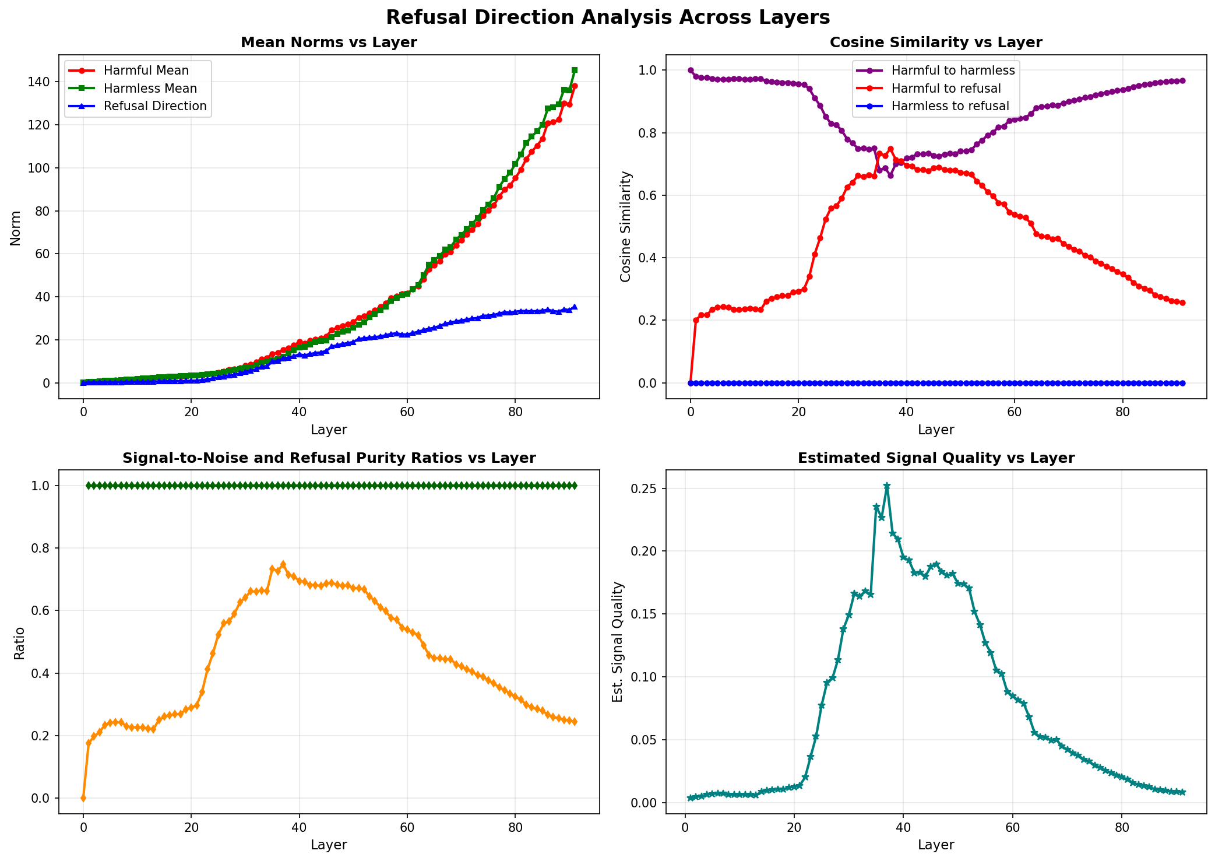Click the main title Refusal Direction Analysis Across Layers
click(x=607, y=17)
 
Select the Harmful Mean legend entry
click(x=146, y=71)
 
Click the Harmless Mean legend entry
click(x=150, y=89)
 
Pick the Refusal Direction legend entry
click(x=155, y=106)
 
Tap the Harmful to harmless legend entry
click(x=953, y=71)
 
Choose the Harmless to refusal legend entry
click(x=950, y=106)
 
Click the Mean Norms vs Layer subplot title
click(x=329, y=43)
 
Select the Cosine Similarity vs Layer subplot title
click(x=935, y=43)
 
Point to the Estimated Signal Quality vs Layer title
click(x=935, y=458)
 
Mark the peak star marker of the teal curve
click(x=887, y=486)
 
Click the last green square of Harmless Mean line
click(x=575, y=70)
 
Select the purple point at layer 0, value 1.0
click(x=691, y=70)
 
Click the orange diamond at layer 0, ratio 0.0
click(x=83, y=798)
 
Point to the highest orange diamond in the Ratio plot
click(x=283, y=564)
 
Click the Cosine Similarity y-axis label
click(x=626, y=226)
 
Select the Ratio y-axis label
click(x=19, y=643)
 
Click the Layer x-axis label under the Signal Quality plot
click(x=935, y=845)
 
